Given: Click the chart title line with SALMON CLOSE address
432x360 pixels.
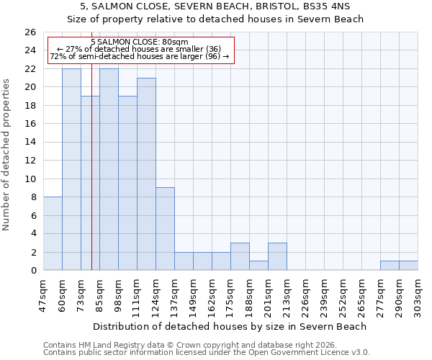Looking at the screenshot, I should [215, 6].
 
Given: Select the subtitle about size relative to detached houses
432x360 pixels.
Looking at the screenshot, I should [215, 19].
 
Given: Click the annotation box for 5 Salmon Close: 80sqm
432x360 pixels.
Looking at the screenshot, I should [140, 50].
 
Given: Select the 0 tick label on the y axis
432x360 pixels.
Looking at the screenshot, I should [32, 271].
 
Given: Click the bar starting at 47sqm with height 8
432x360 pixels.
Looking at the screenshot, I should [53, 234].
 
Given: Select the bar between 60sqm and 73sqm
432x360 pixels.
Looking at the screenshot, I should [71, 170].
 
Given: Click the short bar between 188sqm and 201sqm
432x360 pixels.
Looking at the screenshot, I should [258, 266].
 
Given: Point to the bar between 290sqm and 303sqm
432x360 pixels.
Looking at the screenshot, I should [408, 266].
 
